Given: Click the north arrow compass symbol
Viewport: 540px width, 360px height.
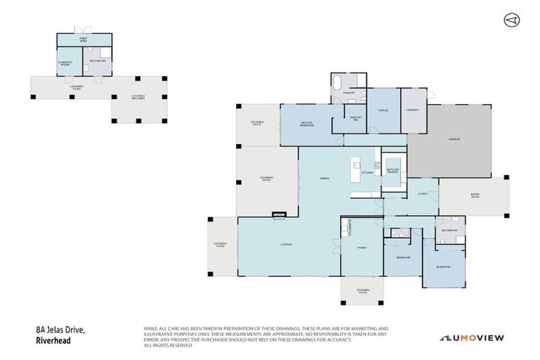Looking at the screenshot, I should tap(511, 20).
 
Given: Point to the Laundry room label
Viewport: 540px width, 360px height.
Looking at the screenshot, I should tap(413, 110).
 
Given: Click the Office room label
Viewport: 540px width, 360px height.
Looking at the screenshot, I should tap(383, 110).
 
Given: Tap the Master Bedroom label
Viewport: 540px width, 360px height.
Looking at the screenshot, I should tap(307, 124).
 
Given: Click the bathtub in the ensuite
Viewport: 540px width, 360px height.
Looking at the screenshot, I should tap(340, 79).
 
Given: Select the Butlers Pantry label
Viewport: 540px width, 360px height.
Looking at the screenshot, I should tap(392, 171).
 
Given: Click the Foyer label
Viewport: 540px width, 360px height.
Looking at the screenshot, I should tap(423, 193).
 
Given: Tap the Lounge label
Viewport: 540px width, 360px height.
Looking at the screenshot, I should tap(286, 244).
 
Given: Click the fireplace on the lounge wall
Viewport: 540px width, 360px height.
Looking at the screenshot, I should tap(279, 214).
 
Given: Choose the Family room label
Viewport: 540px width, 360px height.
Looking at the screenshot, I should tap(362, 247).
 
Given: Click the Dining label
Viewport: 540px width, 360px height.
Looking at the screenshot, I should tap(325, 177).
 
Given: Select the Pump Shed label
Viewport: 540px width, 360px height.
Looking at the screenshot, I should tap(82, 39).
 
